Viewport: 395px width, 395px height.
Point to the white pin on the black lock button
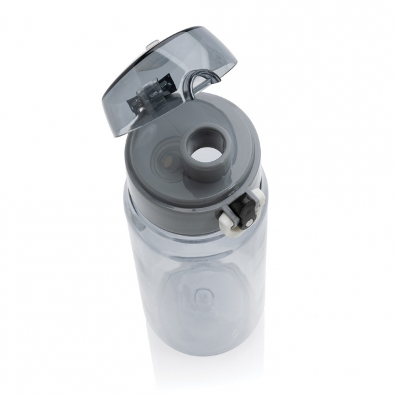click(x=249, y=223)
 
